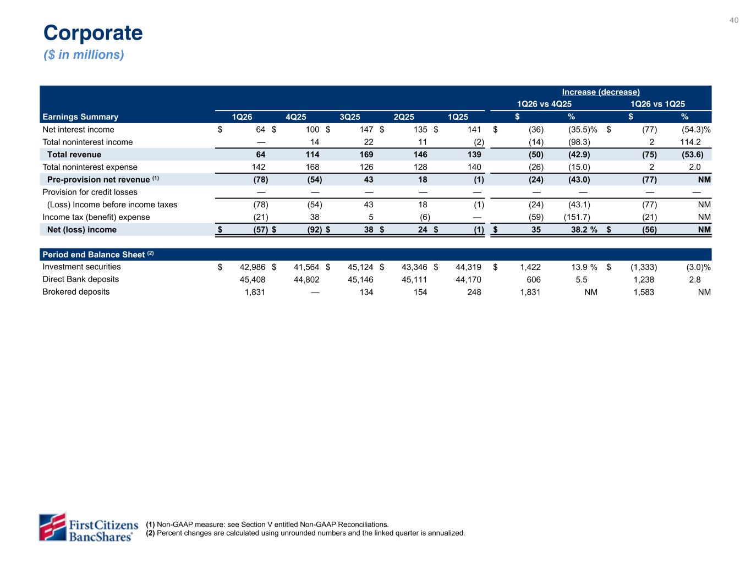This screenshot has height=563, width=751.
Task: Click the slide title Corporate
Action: [93, 33]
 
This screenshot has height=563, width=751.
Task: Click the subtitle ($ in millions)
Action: [84, 55]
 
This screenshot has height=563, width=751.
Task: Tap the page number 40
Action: [734, 20]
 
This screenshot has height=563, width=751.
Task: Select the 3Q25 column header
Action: [350, 117]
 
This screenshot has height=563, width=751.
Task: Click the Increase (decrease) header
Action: [601, 92]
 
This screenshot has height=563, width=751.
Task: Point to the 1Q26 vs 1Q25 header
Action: [657, 104]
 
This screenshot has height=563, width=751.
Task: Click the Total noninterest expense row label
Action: [90, 167]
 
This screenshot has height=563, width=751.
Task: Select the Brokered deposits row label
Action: [76, 292]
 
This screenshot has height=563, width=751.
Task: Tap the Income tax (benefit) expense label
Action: [96, 217]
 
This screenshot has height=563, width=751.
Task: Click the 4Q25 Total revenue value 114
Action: [312, 154]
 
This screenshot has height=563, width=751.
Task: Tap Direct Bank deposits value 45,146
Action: [360, 280]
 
